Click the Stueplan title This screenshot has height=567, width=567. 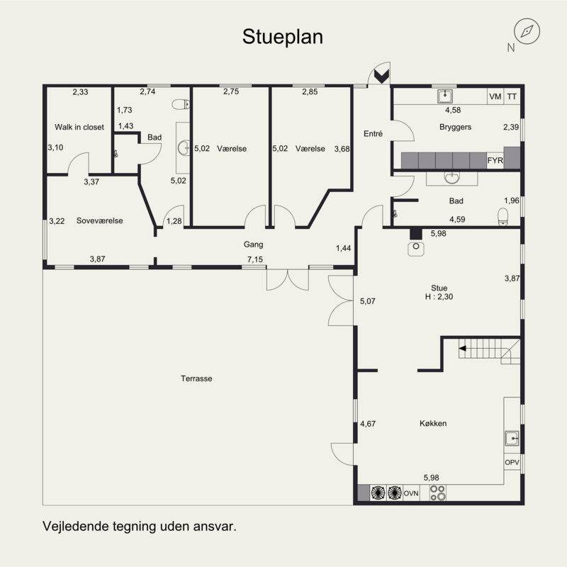[x=282, y=37]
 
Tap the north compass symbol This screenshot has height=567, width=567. [x=527, y=31]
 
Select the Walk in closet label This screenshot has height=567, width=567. [x=79, y=127]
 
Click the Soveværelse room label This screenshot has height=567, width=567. [x=99, y=220]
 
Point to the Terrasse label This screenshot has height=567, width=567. [x=196, y=378]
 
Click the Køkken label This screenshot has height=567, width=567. [x=433, y=423]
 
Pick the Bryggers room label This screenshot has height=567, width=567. [x=455, y=127]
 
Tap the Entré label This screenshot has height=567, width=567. [x=373, y=134]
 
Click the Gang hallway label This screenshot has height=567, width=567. [x=253, y=245]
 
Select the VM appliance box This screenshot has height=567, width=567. [x=495, y=96]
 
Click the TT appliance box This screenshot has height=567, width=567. [x=512, y=96]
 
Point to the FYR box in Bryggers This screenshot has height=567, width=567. [x=495, y=160]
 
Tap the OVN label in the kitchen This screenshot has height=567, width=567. [x=411, y=493]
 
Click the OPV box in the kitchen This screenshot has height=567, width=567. [x=512, y=462]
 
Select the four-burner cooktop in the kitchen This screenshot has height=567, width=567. [x=437, y=493]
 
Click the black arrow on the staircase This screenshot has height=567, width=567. [x=463, y=349]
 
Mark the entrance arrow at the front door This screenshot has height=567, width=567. [x=381, y=76]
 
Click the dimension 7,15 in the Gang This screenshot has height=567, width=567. [x=255, y=259]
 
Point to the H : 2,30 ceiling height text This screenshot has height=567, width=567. [x=439, y=297]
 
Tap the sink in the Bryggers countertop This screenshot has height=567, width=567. [x=445, y=96]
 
